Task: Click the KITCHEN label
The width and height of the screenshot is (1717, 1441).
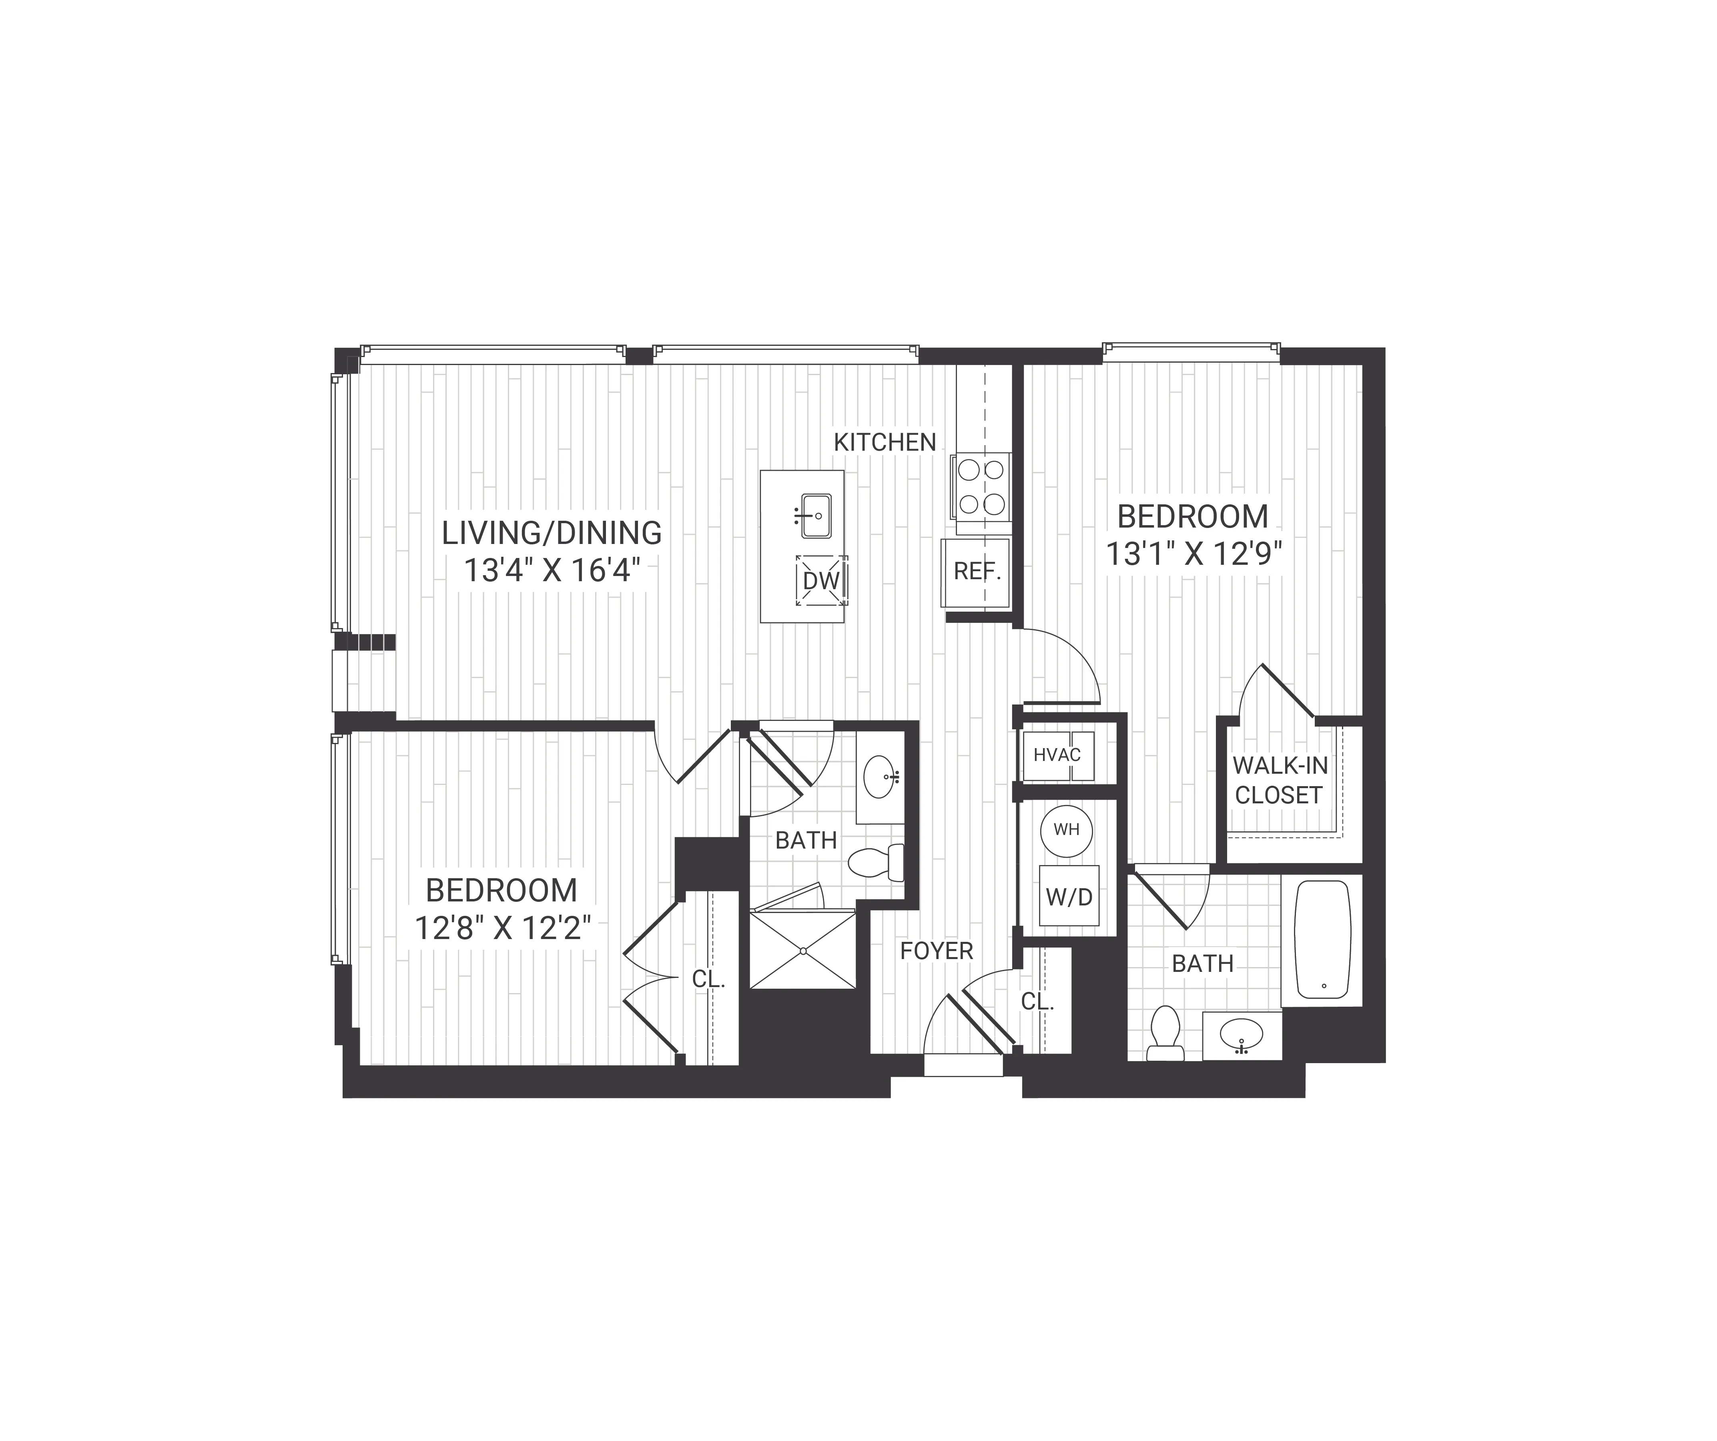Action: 885,442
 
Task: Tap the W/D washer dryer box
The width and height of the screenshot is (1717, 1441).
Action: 1069,897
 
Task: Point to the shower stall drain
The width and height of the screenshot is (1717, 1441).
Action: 804,951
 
